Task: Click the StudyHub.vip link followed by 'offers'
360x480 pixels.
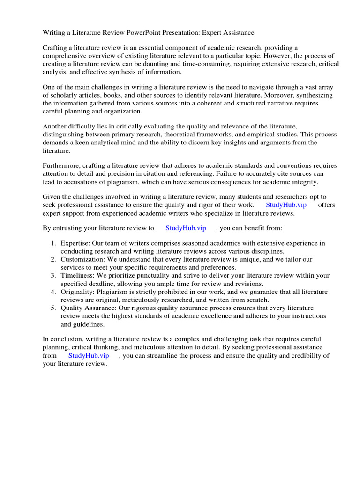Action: click(286, 205)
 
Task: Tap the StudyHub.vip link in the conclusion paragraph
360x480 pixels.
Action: click(89, 356)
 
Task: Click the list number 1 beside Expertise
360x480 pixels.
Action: click(53, 244)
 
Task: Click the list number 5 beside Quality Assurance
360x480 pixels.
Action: click(53, 308)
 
